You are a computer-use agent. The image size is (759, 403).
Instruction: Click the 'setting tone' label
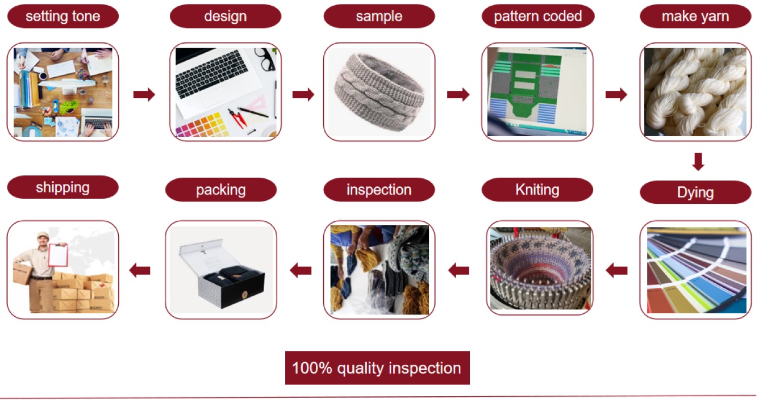[x=62, y=16]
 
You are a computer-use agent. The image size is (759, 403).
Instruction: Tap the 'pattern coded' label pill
[x=537, y=16]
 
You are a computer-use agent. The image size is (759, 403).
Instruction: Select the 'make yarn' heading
[x=695, y=16]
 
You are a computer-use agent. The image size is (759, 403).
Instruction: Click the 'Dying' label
[x=695, y=192]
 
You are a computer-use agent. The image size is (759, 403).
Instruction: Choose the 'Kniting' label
[x=537, y=190]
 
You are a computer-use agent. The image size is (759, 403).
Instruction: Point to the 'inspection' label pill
[x=379, y=190]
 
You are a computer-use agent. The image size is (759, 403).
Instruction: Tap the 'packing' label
[x=221, y=190]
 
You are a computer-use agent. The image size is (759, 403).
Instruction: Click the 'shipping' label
[x=62, y=187]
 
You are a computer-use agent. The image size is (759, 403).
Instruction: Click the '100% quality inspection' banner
[x=377, y=368]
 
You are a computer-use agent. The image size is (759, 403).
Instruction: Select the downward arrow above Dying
[x=698, y=162]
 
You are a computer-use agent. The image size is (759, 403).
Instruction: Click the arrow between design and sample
[x=303, y=95]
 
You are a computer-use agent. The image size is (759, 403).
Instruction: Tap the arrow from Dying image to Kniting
[x=616, y=271]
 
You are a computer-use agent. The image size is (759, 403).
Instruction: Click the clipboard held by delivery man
[x=57, y=254]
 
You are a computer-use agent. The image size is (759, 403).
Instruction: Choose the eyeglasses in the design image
[x=264, y=58]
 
